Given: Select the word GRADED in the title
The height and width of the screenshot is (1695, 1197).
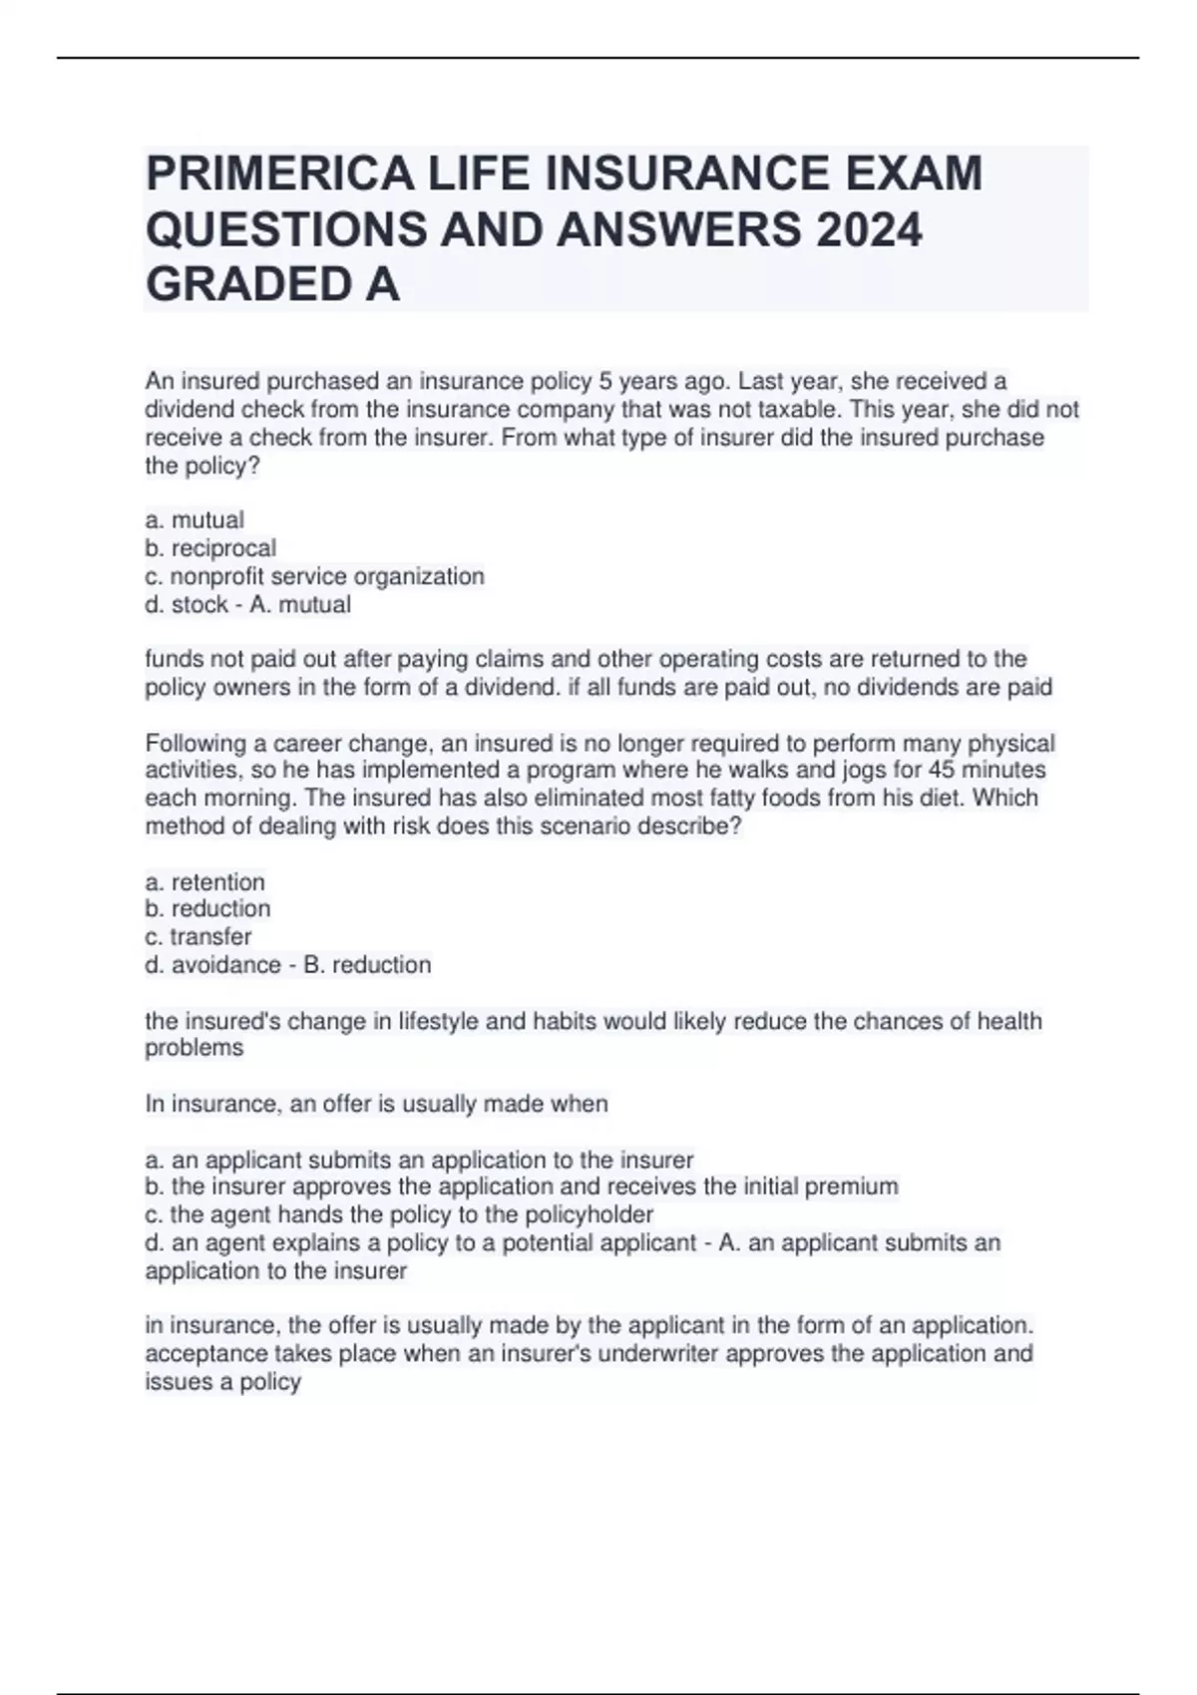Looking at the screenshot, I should (236, 286).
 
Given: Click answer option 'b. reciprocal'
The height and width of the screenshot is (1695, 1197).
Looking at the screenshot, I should (210, 548).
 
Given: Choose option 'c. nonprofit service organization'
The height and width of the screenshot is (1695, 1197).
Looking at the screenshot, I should (314, 576).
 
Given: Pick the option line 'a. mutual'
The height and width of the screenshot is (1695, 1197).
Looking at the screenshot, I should (195, 520).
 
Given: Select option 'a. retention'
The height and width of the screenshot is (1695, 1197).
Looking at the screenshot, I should (204, 882).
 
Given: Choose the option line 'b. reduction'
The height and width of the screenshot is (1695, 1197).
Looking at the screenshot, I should (207, 909).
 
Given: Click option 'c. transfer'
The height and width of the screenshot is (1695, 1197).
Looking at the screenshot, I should (198, 937).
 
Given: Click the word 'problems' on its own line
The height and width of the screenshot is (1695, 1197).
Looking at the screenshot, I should (194, 1048).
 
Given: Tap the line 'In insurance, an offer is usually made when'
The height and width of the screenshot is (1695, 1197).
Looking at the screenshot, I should (376, 1104).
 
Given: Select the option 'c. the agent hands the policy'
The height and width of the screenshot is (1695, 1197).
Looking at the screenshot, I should (399, 1214).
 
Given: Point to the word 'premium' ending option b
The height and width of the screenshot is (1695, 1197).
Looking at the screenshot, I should (851, 1186).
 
